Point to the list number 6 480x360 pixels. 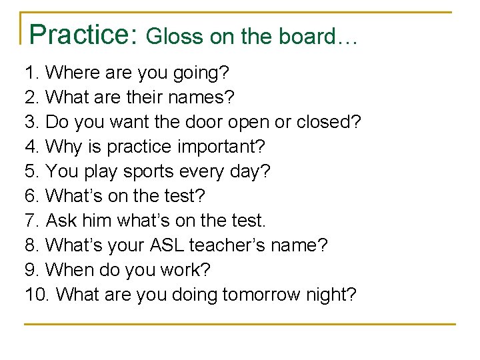coord(31,196)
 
